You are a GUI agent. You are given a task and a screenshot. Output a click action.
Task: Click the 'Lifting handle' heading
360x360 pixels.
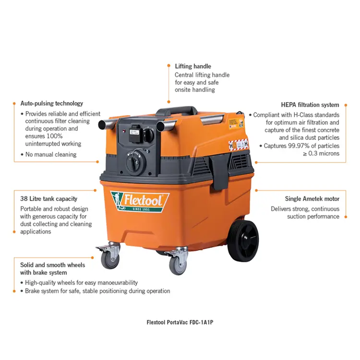tap(193, 66)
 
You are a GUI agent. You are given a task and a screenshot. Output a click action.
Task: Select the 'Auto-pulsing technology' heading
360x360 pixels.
tap(51, 103)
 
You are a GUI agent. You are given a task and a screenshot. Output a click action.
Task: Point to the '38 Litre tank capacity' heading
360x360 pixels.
tap(48, 199)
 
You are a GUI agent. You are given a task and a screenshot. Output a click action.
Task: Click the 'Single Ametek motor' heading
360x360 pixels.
tap(312, 199)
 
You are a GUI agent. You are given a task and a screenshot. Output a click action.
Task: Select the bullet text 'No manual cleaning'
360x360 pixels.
tap(51, 154)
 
